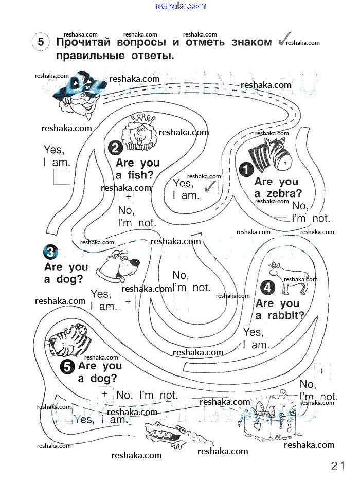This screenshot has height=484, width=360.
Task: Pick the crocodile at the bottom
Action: pyautogui.click(x=169, y=433)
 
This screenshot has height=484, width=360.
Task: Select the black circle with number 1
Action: pyautogui.click(x=246, y=168)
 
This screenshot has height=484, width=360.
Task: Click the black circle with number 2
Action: pyautogui.click(x=115, y=148)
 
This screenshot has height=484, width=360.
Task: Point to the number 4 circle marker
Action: pyautogui.click(x=268, y=288)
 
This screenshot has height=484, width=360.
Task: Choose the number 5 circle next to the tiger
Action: pyautogui.click(x=67, y=366)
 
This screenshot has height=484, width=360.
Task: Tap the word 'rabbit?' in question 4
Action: pyautogui.click(x=286, y=316)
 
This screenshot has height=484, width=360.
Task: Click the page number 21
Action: pyautogui.click(x=337, y=467)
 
